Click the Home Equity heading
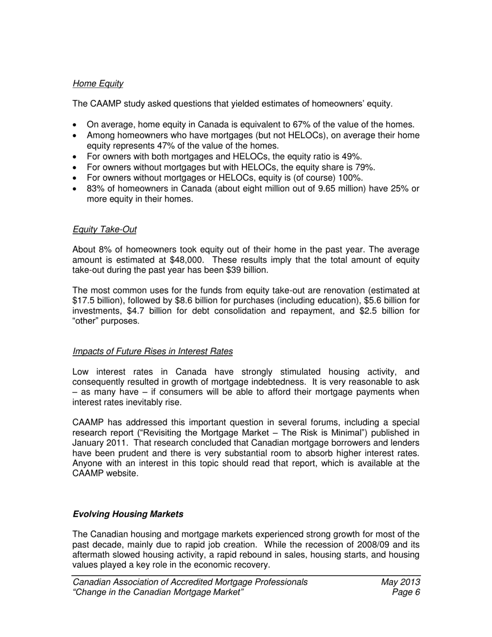tap(98, 83)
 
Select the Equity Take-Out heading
tap(105, 229)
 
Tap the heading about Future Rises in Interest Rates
tap(152, 352)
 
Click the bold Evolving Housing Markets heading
tap(128, 514)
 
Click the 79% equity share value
tap(365, 167)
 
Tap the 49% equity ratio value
tap(352, 157)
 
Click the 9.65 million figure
tap(342, 189)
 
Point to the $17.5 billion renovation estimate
tap(94, 300)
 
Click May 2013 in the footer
tap(400, 582)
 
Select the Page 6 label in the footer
tap(406, 592)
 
